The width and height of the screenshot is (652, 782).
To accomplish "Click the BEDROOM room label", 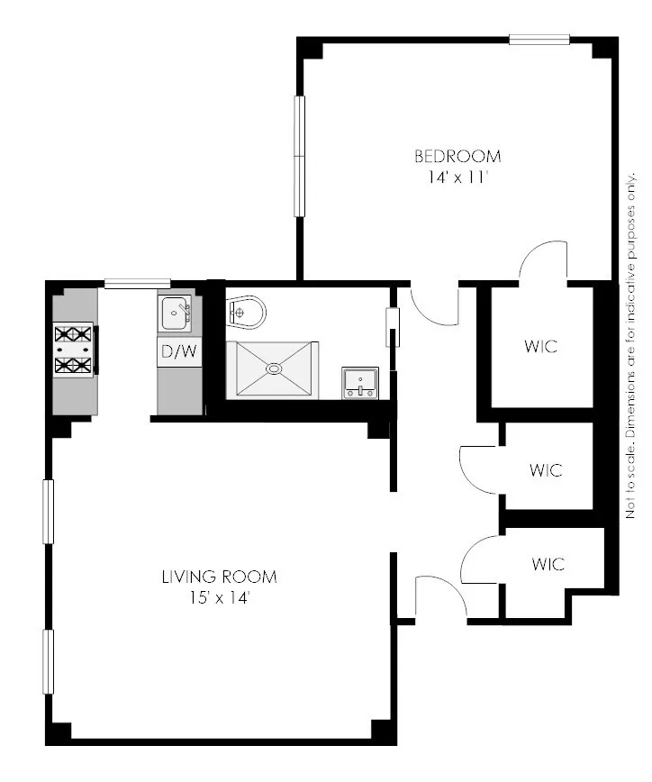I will pos(457,156).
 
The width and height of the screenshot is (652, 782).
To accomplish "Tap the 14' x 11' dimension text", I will pos(457,177).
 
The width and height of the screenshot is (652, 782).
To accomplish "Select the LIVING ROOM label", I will pos(219,576).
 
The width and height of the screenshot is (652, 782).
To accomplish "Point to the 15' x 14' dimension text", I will pos(219,597).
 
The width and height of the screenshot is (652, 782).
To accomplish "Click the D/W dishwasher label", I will pos(178,352).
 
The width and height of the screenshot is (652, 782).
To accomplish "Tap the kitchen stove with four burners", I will pos(75,350).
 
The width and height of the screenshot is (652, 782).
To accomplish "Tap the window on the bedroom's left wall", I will pos(299,156).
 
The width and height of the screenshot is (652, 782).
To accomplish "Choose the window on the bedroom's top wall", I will pos(539,39).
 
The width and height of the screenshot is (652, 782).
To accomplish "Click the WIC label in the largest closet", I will pos(539,347).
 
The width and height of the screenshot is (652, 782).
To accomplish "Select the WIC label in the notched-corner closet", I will pos(548,565).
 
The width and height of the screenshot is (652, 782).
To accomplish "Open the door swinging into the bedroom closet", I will pos(542,261).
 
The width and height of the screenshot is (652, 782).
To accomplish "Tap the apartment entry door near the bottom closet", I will pos(439,597).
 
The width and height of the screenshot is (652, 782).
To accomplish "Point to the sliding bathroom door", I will pos(392,328).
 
